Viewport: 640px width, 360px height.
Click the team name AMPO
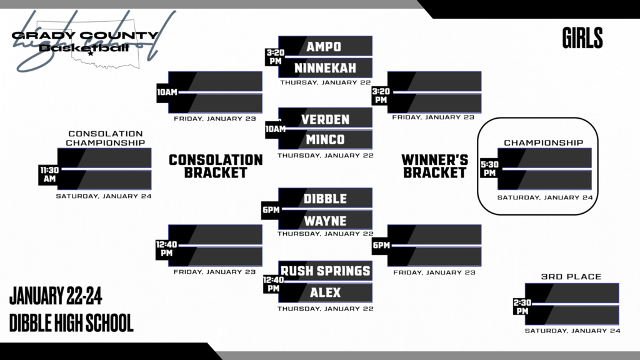pyautogui.click(x=323, y=46)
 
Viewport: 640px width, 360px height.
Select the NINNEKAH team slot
pyautogui.click(x=324, y=67)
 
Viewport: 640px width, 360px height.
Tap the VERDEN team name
pyautogui.click(x=325, y=119)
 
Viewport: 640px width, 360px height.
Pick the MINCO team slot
pyautogui.click(x=325, y=139)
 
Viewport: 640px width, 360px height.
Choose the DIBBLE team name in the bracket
pyautogui.click(x=325, y=199)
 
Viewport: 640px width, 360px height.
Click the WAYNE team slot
pyautogui.click(x=325, y=220)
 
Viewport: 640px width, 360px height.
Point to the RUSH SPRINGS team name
pyautogui.click(x=325, y=271)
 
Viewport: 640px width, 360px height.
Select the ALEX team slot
pyautogui.click(x=325, y=292)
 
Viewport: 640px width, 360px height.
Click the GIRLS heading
pyautogui.click(x=582, y=39)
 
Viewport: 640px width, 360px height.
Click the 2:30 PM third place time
pyautogui.click(x=522, y=306)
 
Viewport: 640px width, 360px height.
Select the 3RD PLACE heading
pyautogui.click(x=571, y=276)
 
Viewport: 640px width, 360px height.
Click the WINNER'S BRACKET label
pyautogui.click(x=435, y=166)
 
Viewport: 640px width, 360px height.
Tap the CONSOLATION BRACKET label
pyautogui.click(x=216, y=166)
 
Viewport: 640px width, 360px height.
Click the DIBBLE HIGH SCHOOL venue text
pyautogui.click(x=71, y=323)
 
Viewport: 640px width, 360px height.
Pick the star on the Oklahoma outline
pyautogui.click(x=91, y=54)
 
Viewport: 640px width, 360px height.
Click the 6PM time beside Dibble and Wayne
pyautogui.click(x=271, y=210)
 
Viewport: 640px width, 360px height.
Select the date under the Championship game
pyautogui.click(x=544, y=197)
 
